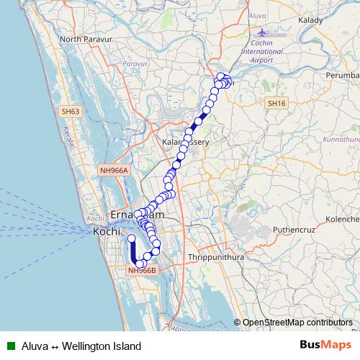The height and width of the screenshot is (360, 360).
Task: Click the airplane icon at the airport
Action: [x=260, y=32]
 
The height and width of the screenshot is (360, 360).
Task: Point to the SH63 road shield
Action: [x=71, y=112]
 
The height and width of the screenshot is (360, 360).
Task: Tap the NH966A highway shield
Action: [x=113, y=171]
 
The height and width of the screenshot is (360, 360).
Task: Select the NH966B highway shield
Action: [x=142, y=271]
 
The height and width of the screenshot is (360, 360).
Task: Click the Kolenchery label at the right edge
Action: [x=343, y=217]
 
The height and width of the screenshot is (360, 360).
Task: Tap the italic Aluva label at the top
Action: [x=257, y=14]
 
